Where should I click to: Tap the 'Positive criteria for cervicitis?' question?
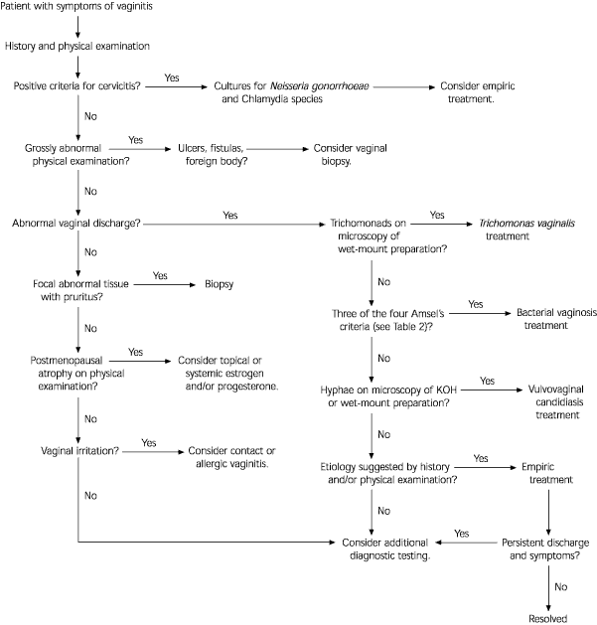pyautogui.click(x=75, y=86)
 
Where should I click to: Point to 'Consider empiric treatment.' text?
pyautogui.click(x=483, y=93)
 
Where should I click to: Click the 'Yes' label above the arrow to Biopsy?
pyautogui.click(x=160, y=273)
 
